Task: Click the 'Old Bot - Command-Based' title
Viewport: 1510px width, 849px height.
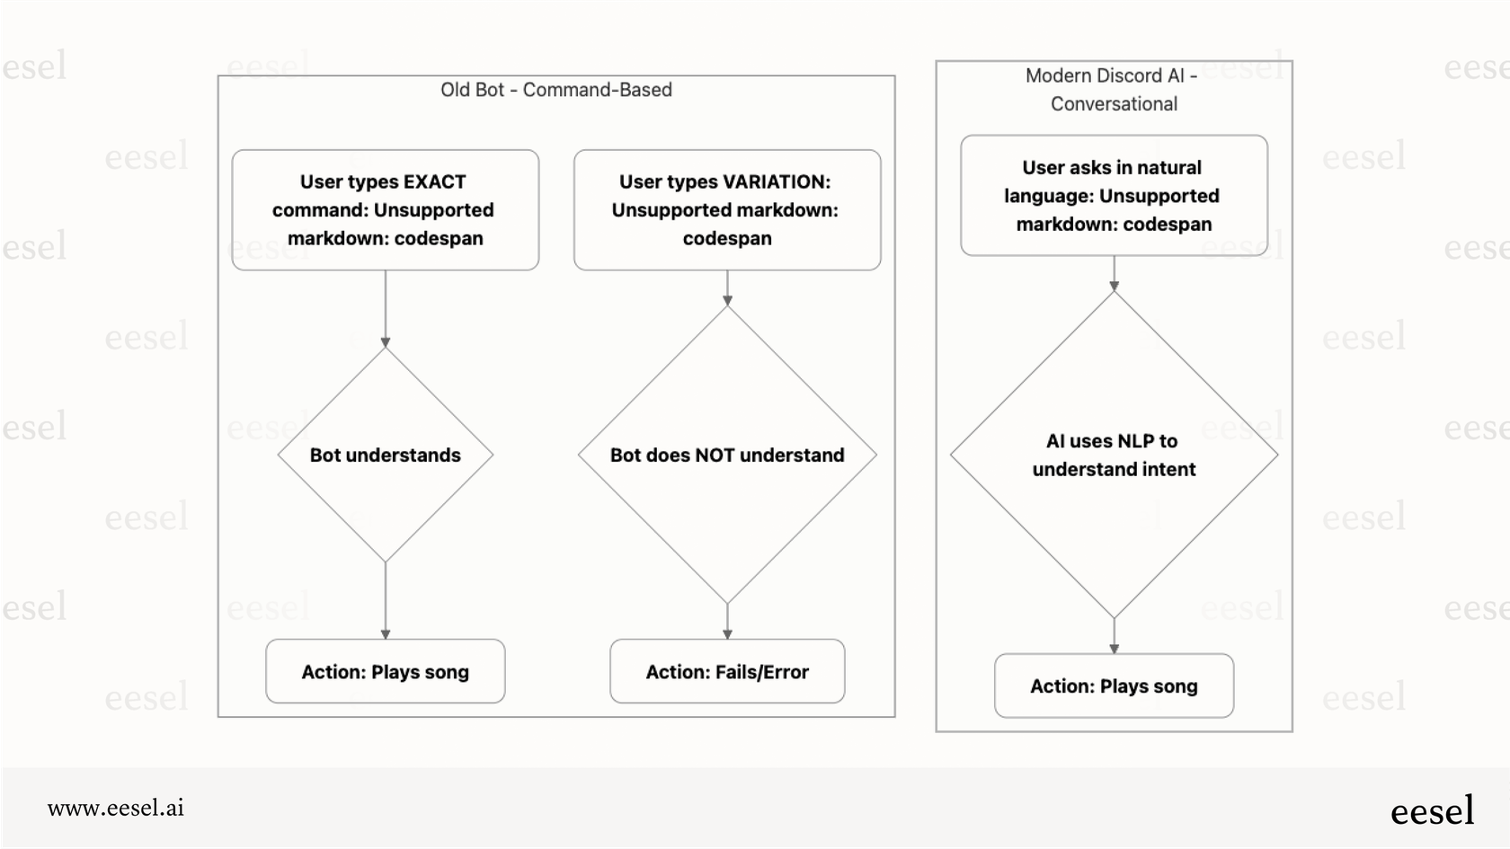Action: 556,90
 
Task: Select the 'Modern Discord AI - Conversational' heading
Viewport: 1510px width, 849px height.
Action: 1113,90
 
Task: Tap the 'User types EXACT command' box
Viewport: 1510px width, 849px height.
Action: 386,210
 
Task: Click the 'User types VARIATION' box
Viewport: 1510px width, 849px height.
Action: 727,210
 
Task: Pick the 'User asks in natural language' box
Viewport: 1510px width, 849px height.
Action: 1114,196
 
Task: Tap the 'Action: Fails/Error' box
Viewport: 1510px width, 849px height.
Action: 727,672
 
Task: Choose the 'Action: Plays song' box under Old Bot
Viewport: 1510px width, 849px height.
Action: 386,672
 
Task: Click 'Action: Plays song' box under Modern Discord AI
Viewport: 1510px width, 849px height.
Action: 1114,686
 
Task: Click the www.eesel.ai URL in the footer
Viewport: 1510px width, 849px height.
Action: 116,808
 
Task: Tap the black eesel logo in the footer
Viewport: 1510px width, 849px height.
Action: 1432,811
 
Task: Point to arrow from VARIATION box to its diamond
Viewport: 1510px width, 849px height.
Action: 727,287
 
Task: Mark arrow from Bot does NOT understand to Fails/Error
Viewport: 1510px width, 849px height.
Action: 727,622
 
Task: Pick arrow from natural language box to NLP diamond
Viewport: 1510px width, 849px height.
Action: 1114,273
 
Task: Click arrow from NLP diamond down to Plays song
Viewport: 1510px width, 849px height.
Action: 1114,636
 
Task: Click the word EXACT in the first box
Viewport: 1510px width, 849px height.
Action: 435,182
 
